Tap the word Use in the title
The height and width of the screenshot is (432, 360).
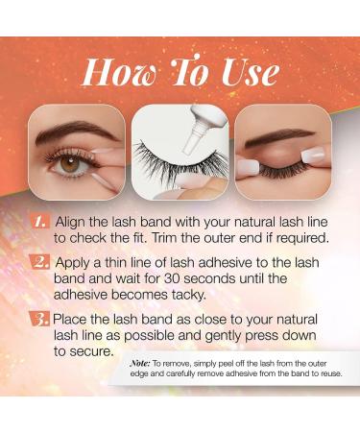click(250, 72)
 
